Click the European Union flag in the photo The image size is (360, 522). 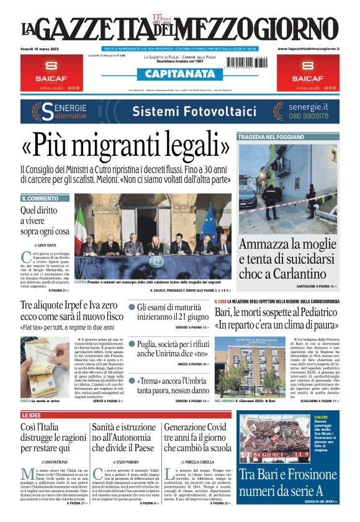pyautogui.click(x=209, y=224)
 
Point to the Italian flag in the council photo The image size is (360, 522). pyautogui.click(x=80, y=226)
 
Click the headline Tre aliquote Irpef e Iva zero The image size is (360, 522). pyautogui.click(x=70, y=311)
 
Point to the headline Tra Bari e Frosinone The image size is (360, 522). pyautogui.click(x=289, y=482)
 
